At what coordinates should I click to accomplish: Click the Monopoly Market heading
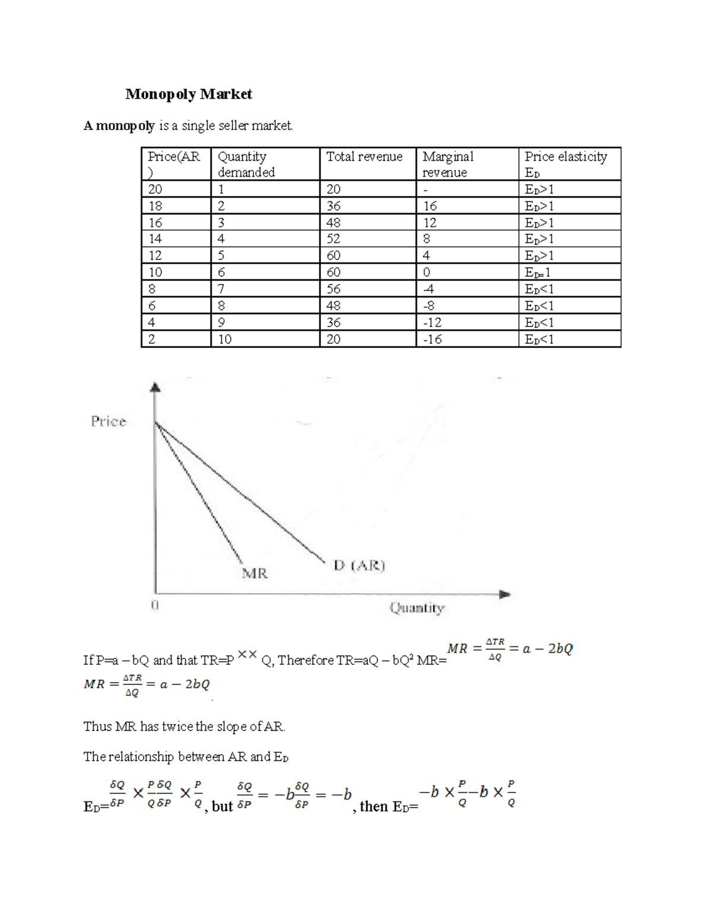click(x=189, y=94)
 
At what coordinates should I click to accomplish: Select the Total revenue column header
click(x=364, y=157)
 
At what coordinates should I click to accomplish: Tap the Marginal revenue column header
click(x=448, y=164)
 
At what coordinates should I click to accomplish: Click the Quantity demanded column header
click(x=246, y=164)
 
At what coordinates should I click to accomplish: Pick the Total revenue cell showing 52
click(x=333, y=239)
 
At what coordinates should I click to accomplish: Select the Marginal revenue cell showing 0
click(x=427, y=272)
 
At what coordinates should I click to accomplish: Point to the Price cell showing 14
click(x=155, y=239)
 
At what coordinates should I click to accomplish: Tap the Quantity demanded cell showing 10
click(x=225, y=339)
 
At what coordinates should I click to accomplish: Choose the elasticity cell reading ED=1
click(x=538, y=273)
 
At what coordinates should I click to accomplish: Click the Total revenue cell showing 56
click(x=333, y=289)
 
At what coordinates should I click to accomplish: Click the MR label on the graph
click(x=255, y=574)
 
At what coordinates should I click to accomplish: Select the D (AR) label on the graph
click(x=359, y=565)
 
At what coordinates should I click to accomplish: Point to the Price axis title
click(x=109, y=422)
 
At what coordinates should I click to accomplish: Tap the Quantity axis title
click(x=417, y=608)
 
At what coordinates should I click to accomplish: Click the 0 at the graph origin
click(x=155, y=606)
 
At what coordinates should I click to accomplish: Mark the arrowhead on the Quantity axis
click(x=505, y=594)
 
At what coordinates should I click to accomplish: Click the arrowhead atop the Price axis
click(x=155, y=387)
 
